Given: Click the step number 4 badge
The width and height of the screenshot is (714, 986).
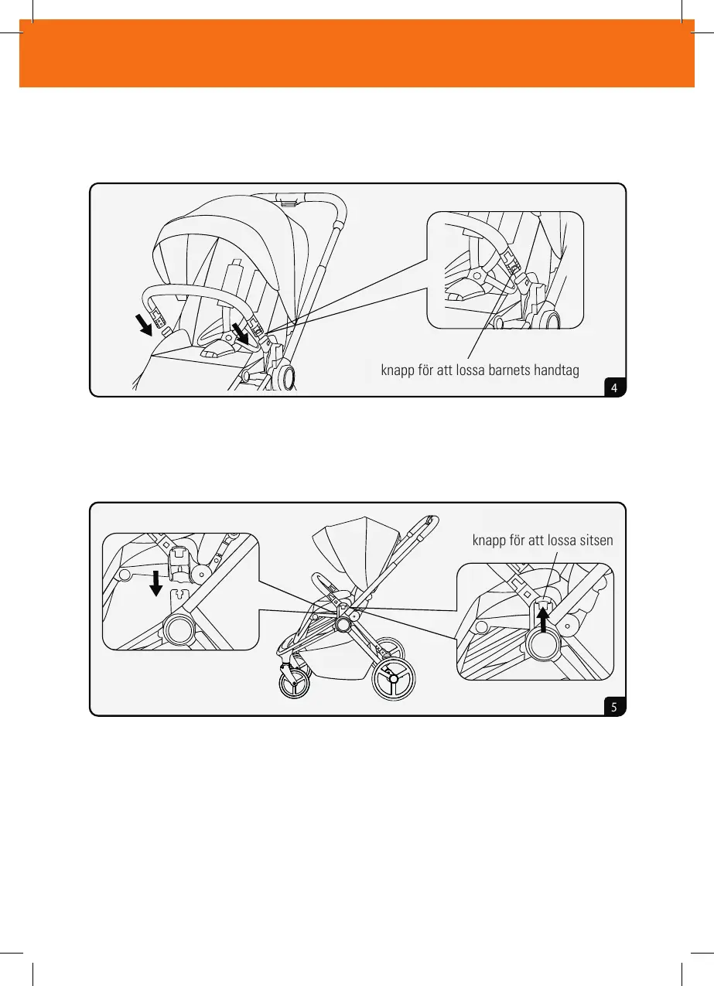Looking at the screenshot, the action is coord(614,387).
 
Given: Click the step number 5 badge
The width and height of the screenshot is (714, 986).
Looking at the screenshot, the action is coord(614,707).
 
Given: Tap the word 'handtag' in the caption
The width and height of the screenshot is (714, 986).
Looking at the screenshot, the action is coord(555,370).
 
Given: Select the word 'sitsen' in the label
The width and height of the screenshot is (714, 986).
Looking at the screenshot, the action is coord(593,541).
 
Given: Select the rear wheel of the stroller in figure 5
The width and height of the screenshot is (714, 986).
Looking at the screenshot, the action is coord(393,679).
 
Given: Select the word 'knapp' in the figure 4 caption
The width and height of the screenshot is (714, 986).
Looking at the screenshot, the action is coord(400,370).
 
